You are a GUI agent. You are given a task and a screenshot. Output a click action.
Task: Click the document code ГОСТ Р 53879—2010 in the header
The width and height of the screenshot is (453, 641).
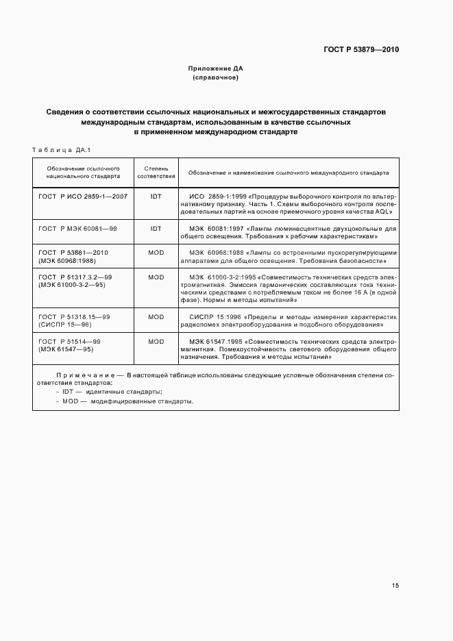click(362, 50)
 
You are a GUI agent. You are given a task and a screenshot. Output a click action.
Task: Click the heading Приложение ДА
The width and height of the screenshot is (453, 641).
click(216, 68)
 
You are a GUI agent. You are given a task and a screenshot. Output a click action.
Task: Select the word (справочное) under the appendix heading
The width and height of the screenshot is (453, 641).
click(216, 77)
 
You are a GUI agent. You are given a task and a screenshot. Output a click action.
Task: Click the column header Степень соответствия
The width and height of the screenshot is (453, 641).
click(156, 172)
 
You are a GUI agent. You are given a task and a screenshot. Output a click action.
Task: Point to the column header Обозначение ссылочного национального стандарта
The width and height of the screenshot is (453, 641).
click(83, 172)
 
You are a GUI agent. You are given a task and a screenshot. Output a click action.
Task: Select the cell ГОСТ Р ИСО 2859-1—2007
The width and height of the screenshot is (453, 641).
click(83, 196)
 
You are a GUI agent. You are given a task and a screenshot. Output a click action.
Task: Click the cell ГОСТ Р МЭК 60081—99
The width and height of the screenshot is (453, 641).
click(77, 228)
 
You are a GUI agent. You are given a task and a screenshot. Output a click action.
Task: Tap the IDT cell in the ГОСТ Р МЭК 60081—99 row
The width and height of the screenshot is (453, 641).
click(156, 228)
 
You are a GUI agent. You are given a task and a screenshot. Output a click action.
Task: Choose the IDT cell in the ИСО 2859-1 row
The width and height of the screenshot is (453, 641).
click(156, 196)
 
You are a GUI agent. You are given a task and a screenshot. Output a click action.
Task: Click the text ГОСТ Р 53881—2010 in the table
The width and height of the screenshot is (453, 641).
click(74, 252)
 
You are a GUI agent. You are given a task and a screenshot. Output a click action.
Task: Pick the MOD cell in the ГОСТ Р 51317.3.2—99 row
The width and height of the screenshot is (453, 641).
click(156, 277)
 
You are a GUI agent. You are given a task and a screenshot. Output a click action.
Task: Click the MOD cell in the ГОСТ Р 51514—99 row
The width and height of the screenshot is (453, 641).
click(156, 341)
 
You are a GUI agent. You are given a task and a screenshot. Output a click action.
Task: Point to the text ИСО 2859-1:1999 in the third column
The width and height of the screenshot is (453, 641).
click(215, 196)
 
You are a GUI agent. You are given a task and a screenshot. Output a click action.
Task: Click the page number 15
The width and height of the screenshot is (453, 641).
click(395, 586)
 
